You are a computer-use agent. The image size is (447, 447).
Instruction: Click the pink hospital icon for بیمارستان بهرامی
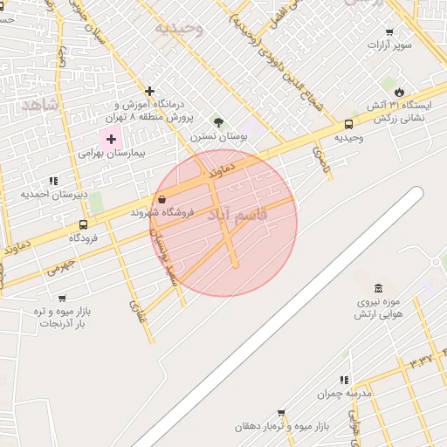click(111, 139)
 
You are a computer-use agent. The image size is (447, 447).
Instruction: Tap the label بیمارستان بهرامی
click(110, 152)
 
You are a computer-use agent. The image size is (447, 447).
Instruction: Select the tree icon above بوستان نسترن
click(218, 122)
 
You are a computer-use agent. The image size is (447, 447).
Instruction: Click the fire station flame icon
click(399, 92)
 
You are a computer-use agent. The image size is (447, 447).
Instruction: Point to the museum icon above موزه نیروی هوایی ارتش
click(377, 288)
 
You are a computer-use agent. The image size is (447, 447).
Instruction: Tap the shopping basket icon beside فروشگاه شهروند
click(162, 199)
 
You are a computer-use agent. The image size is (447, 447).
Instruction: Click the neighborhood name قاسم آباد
click(243, 214)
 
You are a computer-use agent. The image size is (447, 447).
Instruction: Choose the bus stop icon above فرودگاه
click(83, 223)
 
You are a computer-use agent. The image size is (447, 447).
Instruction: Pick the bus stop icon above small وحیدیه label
click(348, 124)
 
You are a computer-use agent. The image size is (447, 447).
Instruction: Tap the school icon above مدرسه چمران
click(344, 380)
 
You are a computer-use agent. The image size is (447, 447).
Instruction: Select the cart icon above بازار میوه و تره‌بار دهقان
click(281, 412)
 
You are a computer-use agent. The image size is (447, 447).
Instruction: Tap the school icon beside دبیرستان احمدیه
click(53, 181)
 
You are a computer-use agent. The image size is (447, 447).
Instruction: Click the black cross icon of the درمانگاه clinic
click(150, 91)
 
